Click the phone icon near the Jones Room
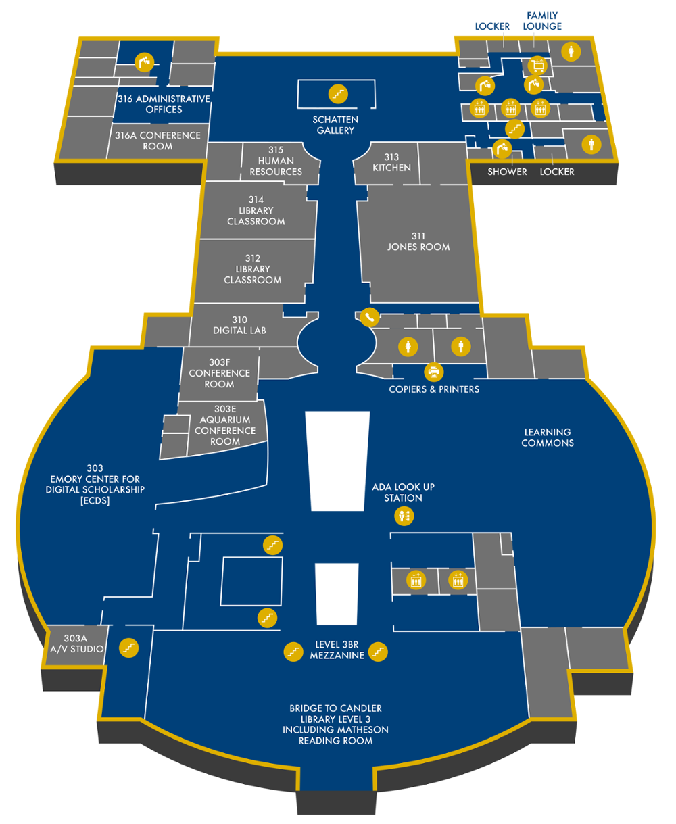(369, 316)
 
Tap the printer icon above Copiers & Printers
(433, 372)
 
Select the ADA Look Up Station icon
(404, 517)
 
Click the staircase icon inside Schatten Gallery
(338, 93)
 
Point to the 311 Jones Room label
(418, 241)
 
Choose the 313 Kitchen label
(391, 162)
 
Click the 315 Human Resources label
(276, 161)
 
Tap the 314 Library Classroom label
(256, 210)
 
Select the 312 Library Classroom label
(253, 269)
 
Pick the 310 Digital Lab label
(239, 325)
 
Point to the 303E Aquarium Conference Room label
(225, 425)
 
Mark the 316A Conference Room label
(158, 141)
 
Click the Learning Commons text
(548, 437)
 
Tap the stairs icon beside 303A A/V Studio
(129, 648)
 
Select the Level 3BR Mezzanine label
(337, 650)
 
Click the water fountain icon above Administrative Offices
(144, 62)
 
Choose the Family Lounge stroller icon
(538, 66)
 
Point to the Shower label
(507, 172)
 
